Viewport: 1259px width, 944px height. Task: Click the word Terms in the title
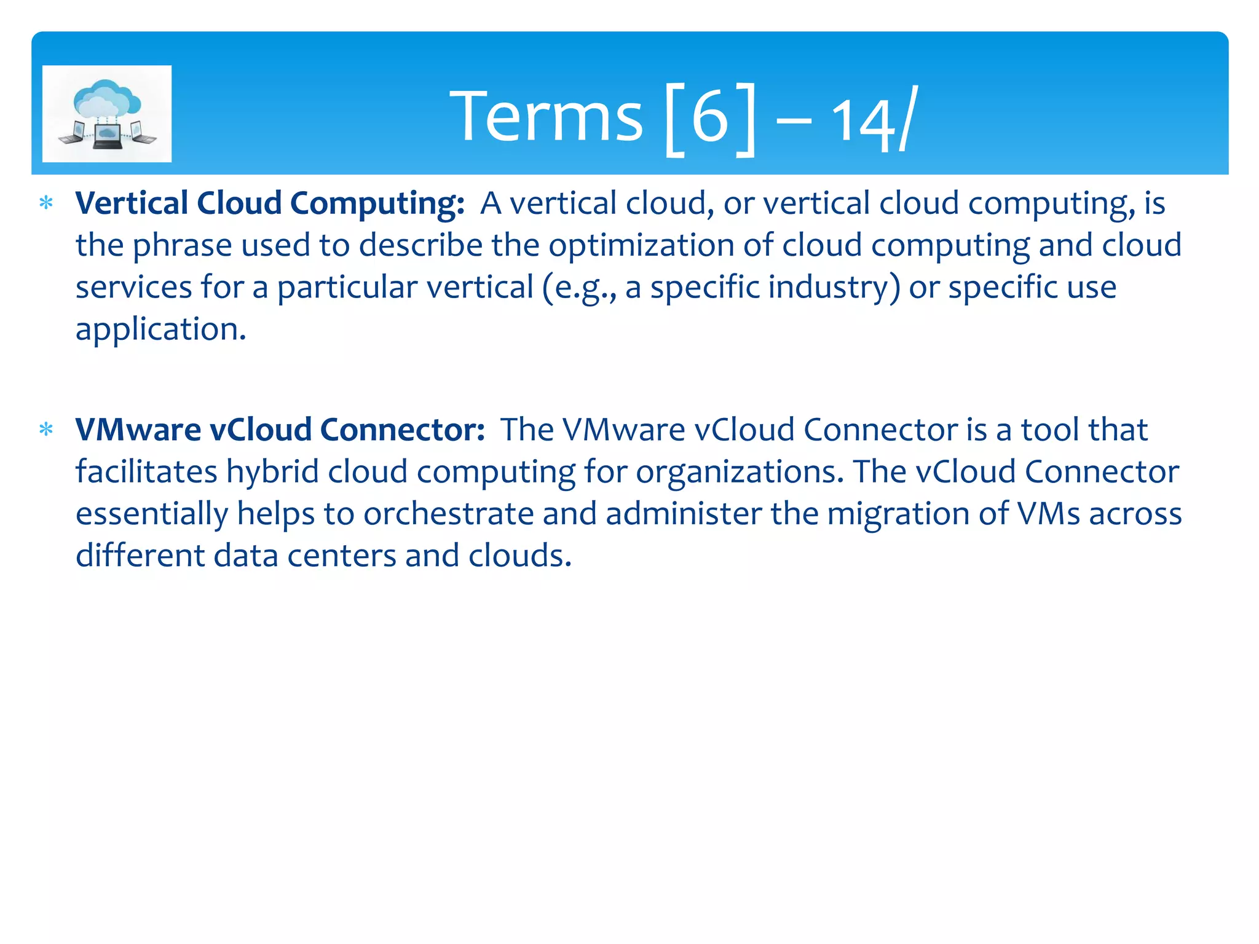[546, 116]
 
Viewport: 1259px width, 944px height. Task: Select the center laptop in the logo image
[107, 136]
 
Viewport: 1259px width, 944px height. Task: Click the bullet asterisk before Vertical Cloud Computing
[46, 203]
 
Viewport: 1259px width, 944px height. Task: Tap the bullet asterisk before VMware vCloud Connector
[46, 429]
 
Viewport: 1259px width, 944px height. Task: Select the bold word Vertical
[132, 203]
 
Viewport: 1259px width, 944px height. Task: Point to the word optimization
[641, 245]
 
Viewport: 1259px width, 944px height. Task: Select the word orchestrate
[448, 513]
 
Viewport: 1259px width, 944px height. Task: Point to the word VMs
[1048, 513]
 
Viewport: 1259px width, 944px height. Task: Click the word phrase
[183, 245]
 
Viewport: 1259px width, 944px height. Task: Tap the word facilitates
[146, 471]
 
